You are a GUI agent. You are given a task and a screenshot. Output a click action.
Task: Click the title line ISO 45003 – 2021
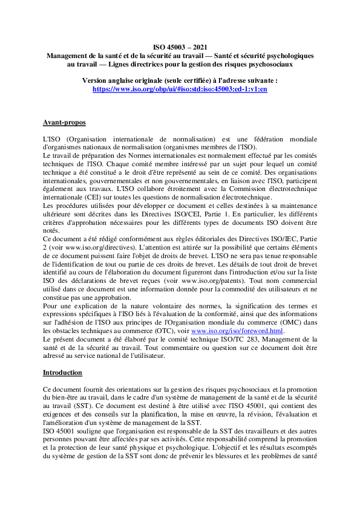[x=180, y=47]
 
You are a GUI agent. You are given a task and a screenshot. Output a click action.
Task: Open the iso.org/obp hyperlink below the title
[x=180, y=88]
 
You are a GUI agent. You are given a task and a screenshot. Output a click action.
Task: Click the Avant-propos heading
[x=64, y=123]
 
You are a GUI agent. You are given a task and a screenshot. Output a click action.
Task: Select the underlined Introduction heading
[x=62, y=372]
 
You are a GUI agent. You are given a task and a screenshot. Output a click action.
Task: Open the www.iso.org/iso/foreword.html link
[x=237, y=331]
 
